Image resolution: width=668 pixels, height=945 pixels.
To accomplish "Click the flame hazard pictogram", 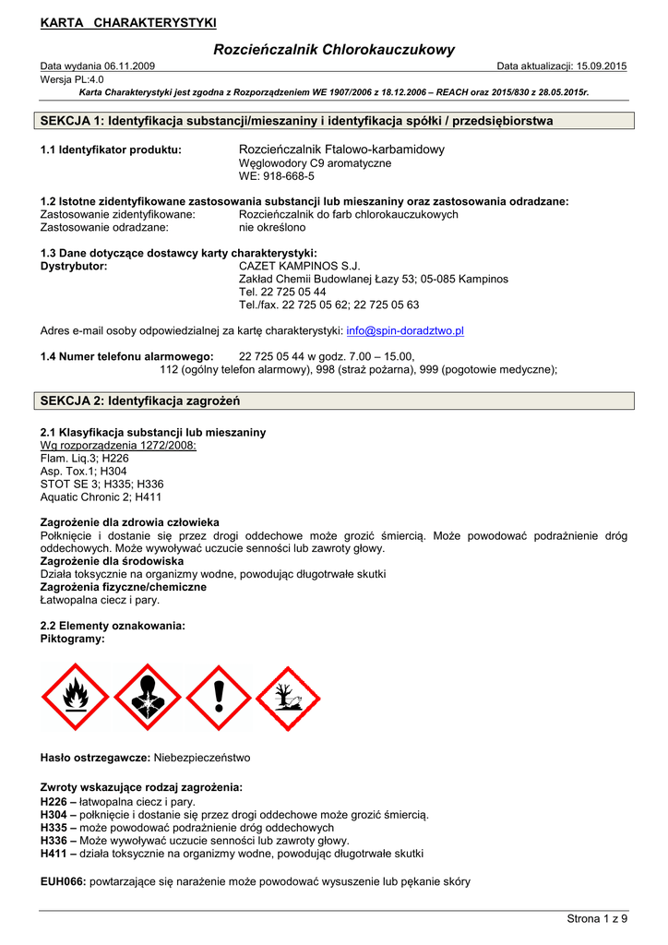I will coord(76,698).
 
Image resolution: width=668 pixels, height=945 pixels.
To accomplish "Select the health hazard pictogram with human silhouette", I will coord(148,698).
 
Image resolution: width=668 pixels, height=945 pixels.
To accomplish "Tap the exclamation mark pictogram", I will coord(219,698).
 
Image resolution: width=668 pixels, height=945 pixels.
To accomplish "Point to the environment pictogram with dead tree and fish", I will coord(289,698).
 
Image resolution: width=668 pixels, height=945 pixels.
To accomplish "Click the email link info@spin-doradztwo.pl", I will coord(405,330).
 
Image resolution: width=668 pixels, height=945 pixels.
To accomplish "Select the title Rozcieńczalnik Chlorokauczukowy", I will coord(334,50).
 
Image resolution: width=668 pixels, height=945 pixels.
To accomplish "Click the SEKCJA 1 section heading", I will coord(297,121).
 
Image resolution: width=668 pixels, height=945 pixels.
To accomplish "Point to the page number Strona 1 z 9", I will coord(597,918).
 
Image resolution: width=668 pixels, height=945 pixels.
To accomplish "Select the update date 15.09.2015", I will coord(600,66).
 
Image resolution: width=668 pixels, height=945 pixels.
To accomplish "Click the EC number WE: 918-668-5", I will coord(277,175).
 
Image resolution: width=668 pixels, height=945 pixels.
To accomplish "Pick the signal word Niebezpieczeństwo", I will coord(201,758).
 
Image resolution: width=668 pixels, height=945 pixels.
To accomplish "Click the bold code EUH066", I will coord(63,881).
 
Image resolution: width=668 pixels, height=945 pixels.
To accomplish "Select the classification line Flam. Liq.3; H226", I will coord(85,458).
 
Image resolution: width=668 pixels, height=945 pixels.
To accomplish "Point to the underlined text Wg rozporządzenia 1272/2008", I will coord(119,445).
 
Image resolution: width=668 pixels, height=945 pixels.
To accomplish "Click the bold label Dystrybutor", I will coord(74,266).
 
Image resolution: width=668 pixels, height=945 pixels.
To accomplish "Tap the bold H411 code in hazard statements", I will coord(55,854).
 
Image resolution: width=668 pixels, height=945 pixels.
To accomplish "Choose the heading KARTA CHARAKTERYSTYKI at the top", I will coord(128,21).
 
